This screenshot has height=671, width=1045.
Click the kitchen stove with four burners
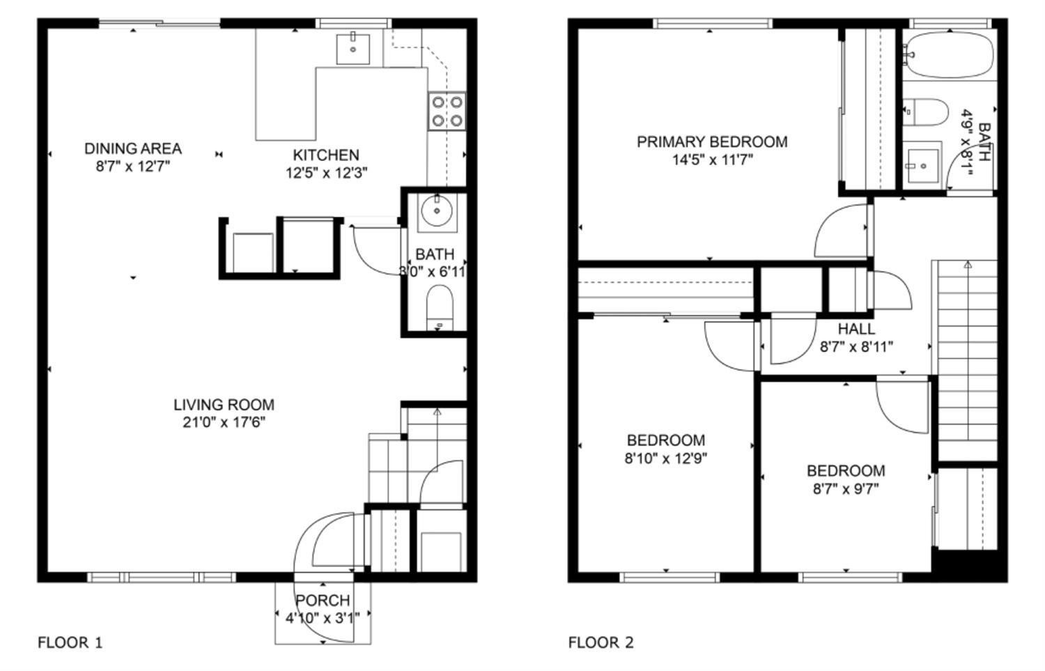pyautogui.click(x=447, y=111)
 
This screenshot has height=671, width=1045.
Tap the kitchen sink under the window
pyautogui.click(x=353, y=48)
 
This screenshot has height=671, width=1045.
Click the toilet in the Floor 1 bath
pyautogui.click(x=440, y=307)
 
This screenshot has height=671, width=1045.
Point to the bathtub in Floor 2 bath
pyautogui.click(x=951, y=55)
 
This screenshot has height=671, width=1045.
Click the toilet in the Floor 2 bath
pyautogui.click(x=927, y=112)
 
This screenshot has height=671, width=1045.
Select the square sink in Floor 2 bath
pyautogui.click(x=922, y=164)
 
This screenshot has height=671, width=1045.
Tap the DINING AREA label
pyautogui.click(x=133, y=148)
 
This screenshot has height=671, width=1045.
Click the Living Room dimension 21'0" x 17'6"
pyautogui.click(x=224, y=422)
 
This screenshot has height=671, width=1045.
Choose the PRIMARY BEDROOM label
pyautogui.click(x=712, y=142)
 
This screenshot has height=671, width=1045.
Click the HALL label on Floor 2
pyautogui.click(x=856, y=329)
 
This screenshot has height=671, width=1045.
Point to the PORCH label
pyautogui.click(x=323, y=601)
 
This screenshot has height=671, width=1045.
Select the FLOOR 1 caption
pyautogui.click(x=70, y=642)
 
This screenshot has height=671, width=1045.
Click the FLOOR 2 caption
pyautogui.click(x=601, y=642)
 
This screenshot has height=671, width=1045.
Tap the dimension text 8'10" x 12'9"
pyautogui.click(x=666, y=458)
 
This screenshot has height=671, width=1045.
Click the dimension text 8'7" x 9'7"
pyautogui.click(x=846, y=489)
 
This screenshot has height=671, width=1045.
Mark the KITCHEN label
pyautogui.click(x=326, y=155)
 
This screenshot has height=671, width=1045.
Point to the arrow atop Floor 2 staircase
pyautogui.click(x=968, y=265)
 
